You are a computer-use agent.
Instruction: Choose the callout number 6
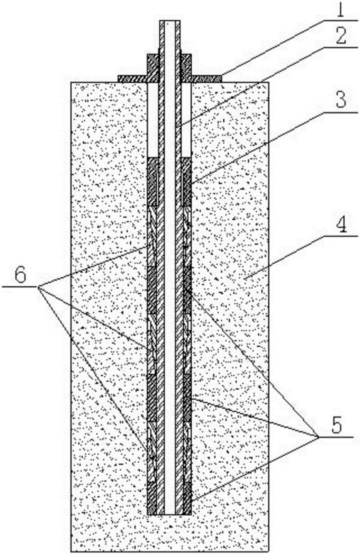coord(21,275)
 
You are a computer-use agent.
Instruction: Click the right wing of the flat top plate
coord(207,78)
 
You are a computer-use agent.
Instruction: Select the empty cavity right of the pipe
coord(186,119)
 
